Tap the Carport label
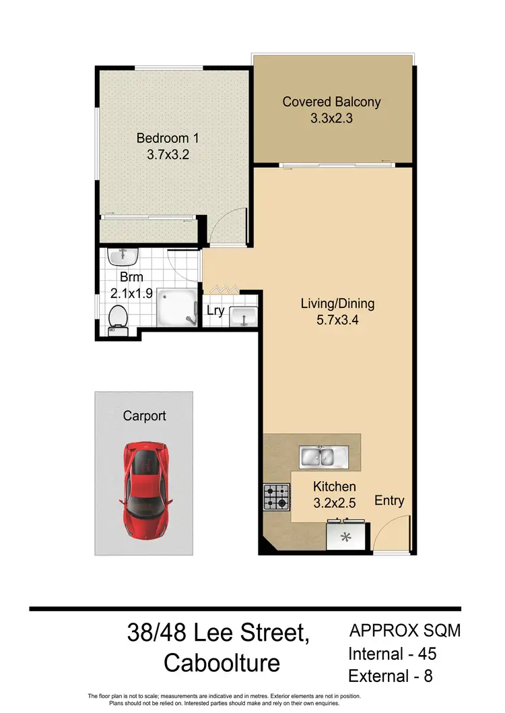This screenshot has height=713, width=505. click(x=144, y=416)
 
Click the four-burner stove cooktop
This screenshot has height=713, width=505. click(x=277, y=497)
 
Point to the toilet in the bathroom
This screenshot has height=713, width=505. click(x=119, y=316)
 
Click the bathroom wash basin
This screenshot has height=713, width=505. click(x=124, y=255)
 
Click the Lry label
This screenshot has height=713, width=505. click(x=215, y=311)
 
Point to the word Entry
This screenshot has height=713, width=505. click(x=389, y=500)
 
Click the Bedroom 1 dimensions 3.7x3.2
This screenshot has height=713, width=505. click(x=168, y=154)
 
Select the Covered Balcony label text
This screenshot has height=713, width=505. click(x=331, y=102)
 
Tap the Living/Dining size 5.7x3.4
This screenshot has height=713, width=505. click(x=337, y=320)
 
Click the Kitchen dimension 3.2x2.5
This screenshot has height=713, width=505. click(x=335, y=503)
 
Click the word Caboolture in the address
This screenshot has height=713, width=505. click(x=222, y=662)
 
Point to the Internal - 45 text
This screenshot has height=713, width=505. click(x=393, y=654)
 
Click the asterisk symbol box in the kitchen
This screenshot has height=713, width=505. click(x=347, y=537)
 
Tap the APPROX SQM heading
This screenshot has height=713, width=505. click(x=405, y=631)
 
